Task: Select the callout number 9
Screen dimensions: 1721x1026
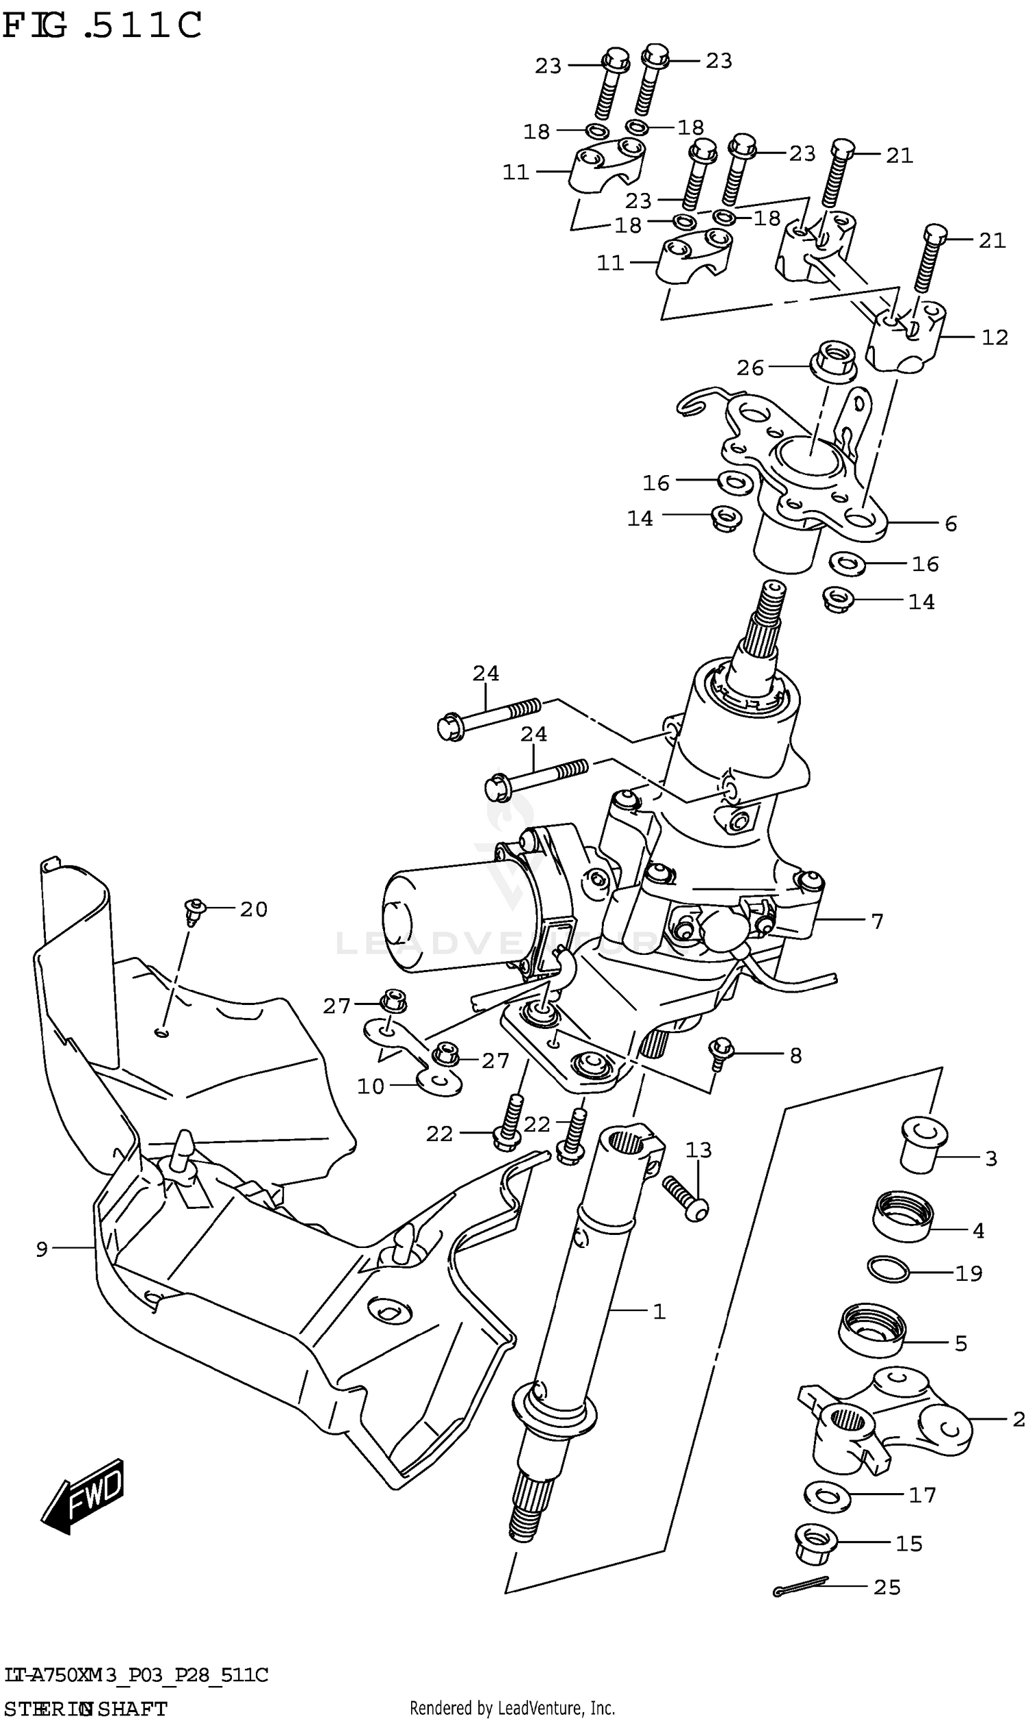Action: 42,1249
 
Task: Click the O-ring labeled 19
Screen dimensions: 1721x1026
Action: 889,1269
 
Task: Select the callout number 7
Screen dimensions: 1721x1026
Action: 877,921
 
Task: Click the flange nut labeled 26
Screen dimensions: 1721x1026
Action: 832,361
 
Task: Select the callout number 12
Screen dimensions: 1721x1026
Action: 995,337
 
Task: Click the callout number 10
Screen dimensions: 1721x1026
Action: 371,1086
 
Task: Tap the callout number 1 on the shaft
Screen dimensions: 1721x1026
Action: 659,1312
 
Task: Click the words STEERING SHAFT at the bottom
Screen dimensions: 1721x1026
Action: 85,1709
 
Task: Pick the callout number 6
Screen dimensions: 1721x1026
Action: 951,524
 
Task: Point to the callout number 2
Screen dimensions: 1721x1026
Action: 1017,1420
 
